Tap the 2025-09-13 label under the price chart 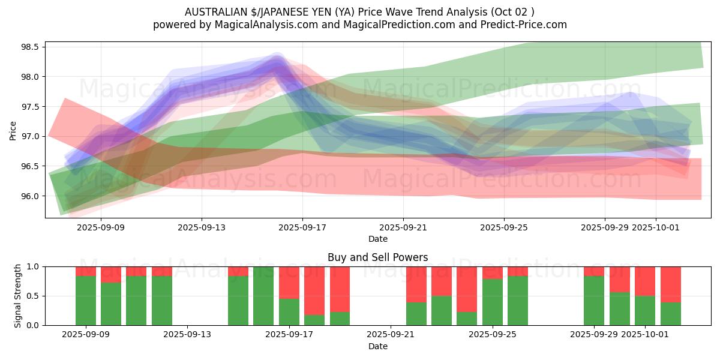tap(202, 227)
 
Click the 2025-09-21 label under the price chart tap(403, 227)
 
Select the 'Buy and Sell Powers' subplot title tap(377, 257)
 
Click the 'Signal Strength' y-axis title tap(18, 296)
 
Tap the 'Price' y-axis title tap(13, 130)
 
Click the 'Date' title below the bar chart tap(377, 346)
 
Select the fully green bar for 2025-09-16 tap(263, 296)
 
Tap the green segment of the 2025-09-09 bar tap(86, 301)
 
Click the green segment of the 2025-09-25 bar tap(492, 302)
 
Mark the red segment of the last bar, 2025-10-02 tap(670, 284)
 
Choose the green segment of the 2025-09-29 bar tap(594, 301)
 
